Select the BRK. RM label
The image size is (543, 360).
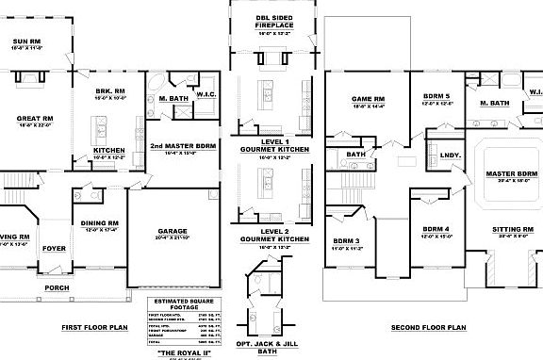coord(110,90)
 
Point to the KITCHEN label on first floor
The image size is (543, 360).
coord(109,150)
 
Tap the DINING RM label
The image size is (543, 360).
coord(99,223)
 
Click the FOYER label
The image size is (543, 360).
coord(54,249)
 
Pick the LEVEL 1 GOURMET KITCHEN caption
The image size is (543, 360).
coord(272,145)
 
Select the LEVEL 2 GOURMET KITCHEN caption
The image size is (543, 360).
coord(272,235)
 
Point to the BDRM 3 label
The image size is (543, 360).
coord(347,241)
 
